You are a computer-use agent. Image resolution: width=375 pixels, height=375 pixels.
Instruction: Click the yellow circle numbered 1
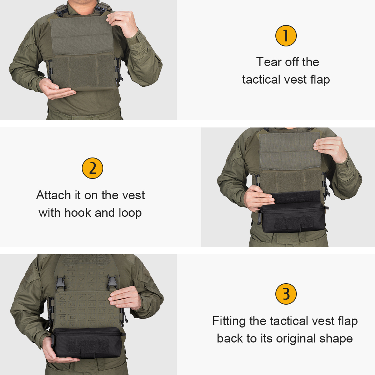[x=286, y=35]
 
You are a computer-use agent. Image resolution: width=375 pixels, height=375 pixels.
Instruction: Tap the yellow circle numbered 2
[x=92, y=168]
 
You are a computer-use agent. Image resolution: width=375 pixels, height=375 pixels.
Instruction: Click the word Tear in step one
[x=268, y=62]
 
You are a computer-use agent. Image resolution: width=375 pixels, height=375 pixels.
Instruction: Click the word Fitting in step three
[x=229, y=321]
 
